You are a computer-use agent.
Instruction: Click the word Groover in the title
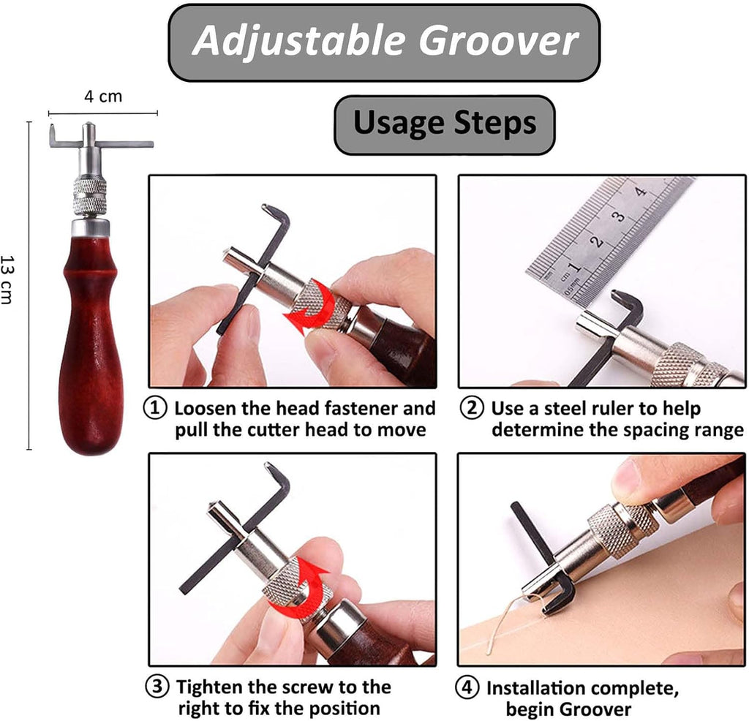(499, 41)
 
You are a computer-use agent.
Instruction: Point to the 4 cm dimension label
(103, 97)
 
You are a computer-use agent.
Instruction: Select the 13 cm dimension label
(8, 280)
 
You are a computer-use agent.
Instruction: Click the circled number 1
(155, 408)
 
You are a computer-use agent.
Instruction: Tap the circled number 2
(472, 408)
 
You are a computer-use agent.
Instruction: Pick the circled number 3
(157, 687)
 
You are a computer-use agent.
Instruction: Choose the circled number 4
(467, 687)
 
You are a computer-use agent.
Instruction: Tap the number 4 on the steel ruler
(641, 192)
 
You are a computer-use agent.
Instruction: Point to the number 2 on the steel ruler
(596, 241)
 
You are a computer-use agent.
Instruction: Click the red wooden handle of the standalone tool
(91, 344)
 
